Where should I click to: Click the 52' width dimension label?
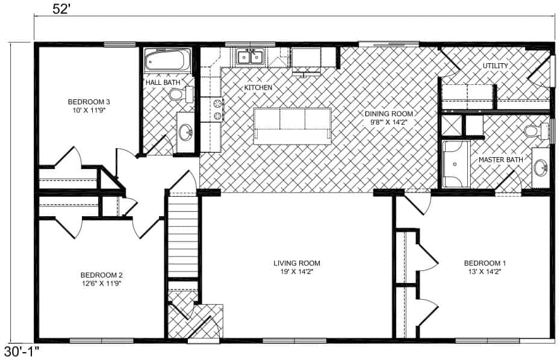[x=60, y=9]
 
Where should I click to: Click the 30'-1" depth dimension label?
[x=21, y=352]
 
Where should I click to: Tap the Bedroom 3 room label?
[x=89, y=102]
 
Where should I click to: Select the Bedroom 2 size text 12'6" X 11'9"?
[x=101, y=284]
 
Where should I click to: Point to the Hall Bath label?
[x=163, y=82]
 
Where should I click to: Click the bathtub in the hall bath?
[x=167, y=60]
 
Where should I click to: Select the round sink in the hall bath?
[x=185, y=132]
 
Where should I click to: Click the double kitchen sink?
[x=250, y=57]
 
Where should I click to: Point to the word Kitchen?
[x=258, y=87]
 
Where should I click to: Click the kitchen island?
[x=292, y=126]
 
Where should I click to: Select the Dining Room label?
[x=389, y=114]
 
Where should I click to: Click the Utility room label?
[x=496, y=66]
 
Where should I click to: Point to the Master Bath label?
[x=501, y=160]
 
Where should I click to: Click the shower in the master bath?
[x=456, y=164]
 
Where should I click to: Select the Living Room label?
[x=297, y=263]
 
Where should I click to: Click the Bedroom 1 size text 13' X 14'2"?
[x=485, y=272]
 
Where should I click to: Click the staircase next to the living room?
[x=183, y=237]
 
